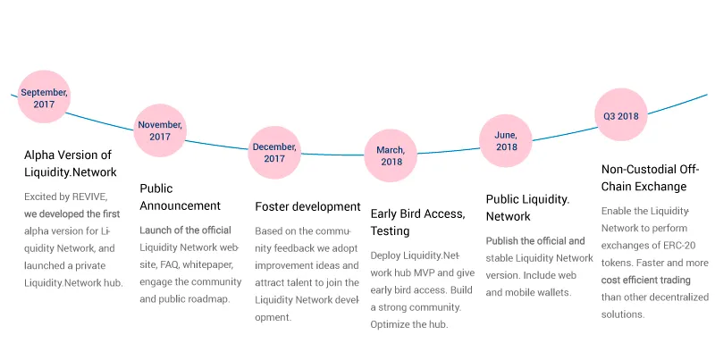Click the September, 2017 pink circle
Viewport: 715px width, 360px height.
point(44,96)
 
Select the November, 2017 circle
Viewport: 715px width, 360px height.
point(160,130)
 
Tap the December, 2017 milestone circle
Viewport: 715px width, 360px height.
point(274,153)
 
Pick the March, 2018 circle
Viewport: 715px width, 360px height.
point(391,155)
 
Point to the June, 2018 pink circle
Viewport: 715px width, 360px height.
point(506,141)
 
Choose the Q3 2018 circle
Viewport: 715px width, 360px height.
point(621,115)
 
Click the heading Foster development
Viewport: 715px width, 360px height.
point(307,207)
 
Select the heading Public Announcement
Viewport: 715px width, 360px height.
point(181,197)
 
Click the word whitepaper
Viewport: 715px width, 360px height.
point(208,265)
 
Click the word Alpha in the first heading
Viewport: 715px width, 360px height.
point(38,155)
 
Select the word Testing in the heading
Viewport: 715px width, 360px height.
point(390,231)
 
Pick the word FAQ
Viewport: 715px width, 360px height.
point(169,264)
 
